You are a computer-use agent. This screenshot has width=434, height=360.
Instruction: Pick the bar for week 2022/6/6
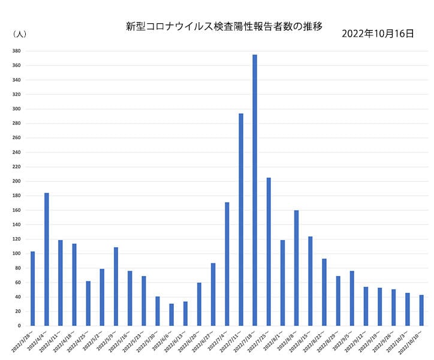pos(171,314)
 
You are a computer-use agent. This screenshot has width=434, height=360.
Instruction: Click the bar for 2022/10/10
pos(421,310)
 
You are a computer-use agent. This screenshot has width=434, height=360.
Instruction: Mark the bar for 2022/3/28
pos(33,289)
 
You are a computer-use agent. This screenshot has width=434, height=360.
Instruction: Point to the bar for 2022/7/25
pos(269,252)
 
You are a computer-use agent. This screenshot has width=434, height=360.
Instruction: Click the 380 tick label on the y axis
pos(17,51)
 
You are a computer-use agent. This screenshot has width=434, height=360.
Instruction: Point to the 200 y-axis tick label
pos(17,181)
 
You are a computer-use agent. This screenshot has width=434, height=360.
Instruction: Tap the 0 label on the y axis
pos(20,326)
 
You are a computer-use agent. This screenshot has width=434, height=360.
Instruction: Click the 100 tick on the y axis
pos(17,253)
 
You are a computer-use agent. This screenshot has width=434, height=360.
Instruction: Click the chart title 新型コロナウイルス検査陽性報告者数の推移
pos(224,26)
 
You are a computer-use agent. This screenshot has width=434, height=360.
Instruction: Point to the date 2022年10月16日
pos(377,34)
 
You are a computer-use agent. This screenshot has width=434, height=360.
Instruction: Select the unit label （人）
pos(19,34)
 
